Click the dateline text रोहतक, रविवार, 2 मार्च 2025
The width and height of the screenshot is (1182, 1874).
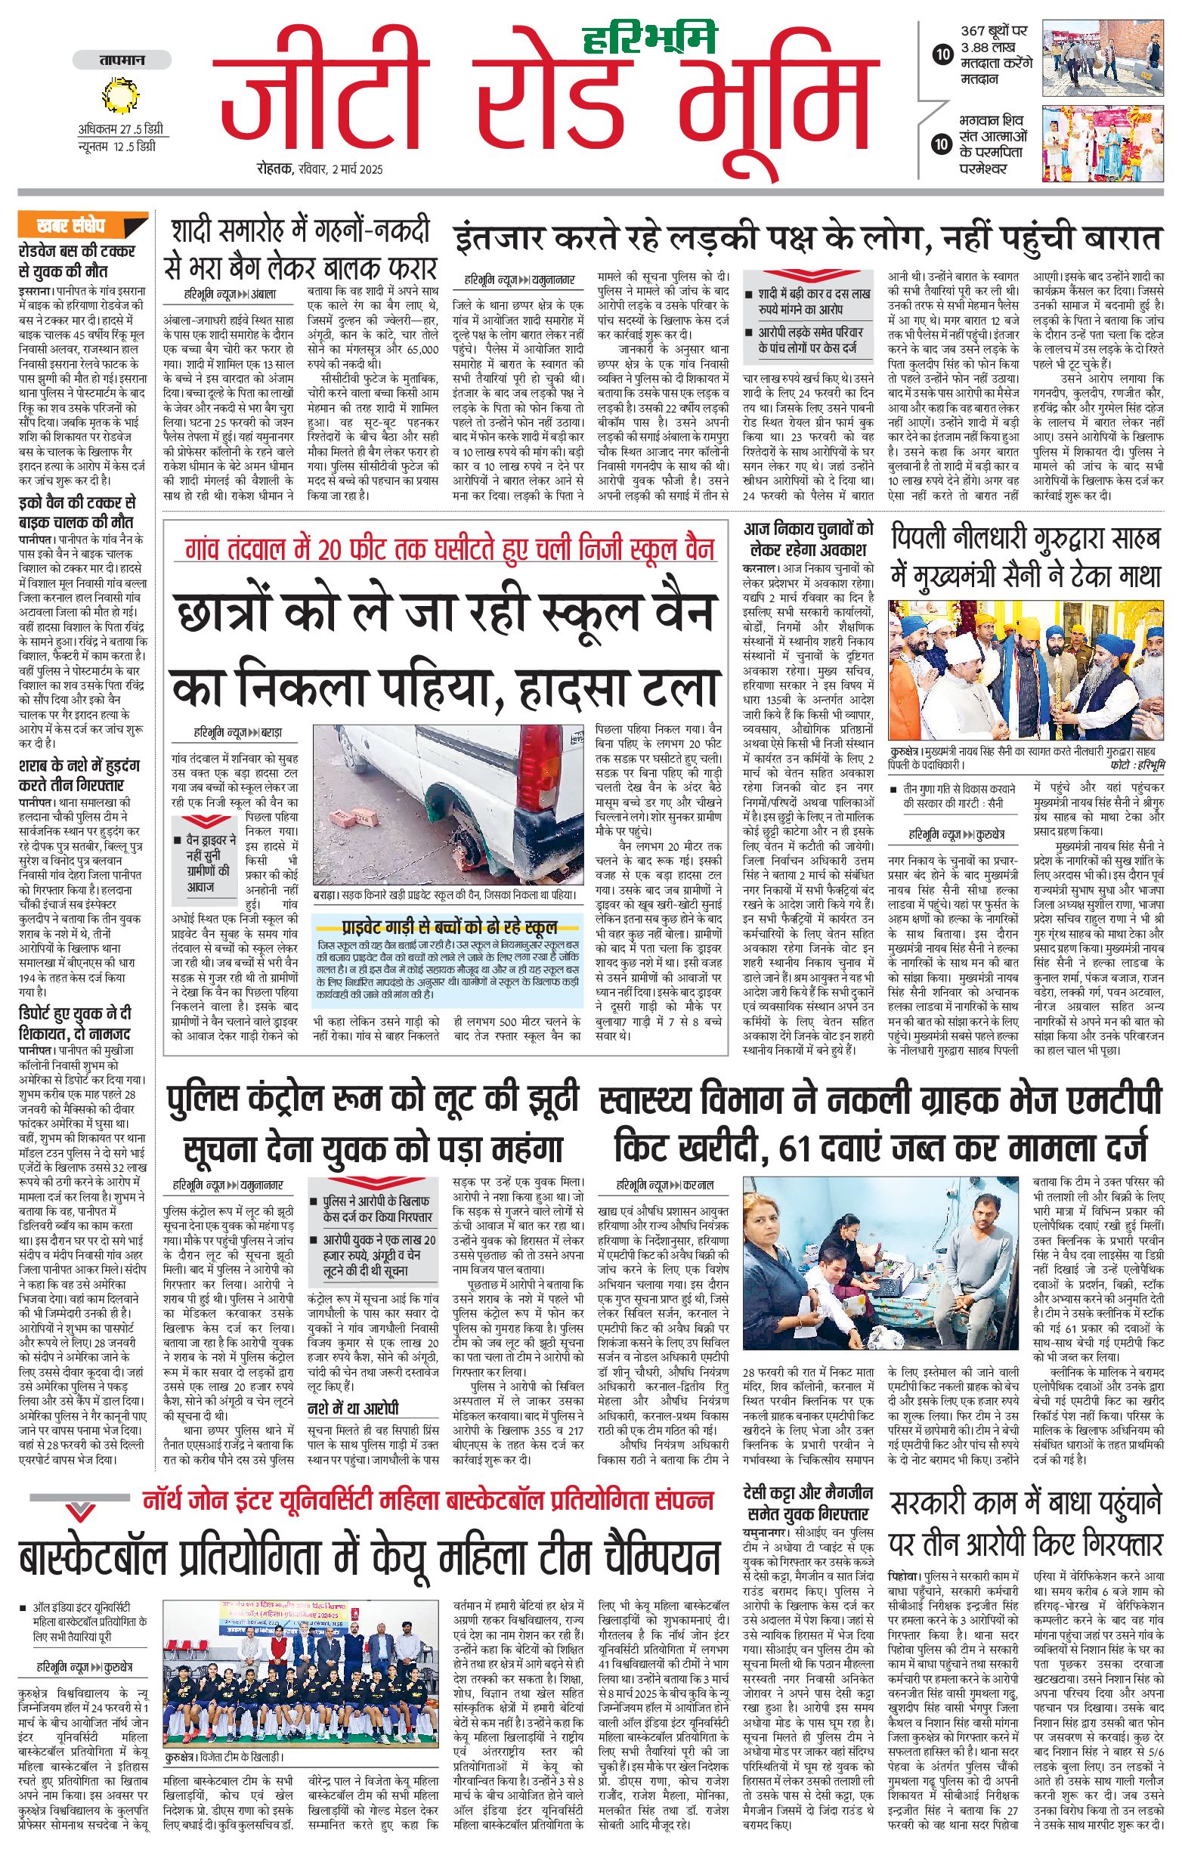(319, 169)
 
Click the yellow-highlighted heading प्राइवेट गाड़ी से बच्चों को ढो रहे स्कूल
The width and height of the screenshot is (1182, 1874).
(450, 927)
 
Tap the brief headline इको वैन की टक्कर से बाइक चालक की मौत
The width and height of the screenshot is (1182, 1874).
(76, 512)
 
